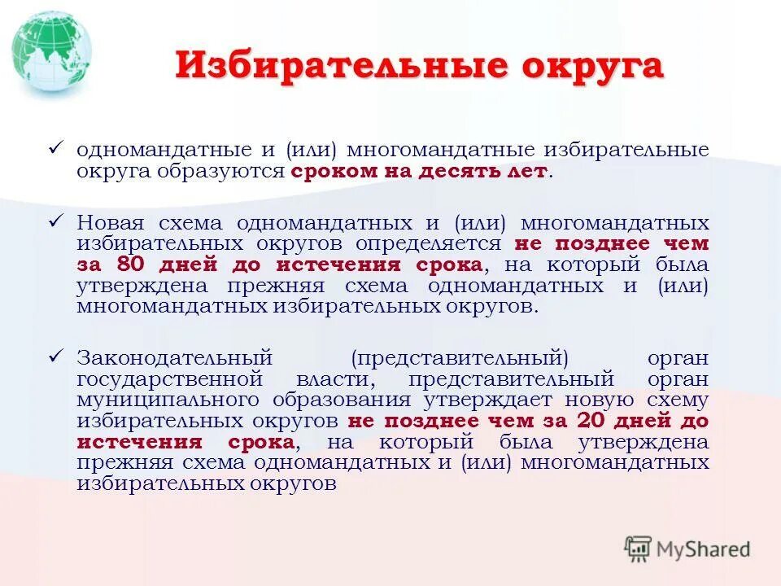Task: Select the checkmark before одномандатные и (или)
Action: (57, 146)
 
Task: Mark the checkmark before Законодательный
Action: (57, 355)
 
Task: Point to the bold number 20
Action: (591, 422)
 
